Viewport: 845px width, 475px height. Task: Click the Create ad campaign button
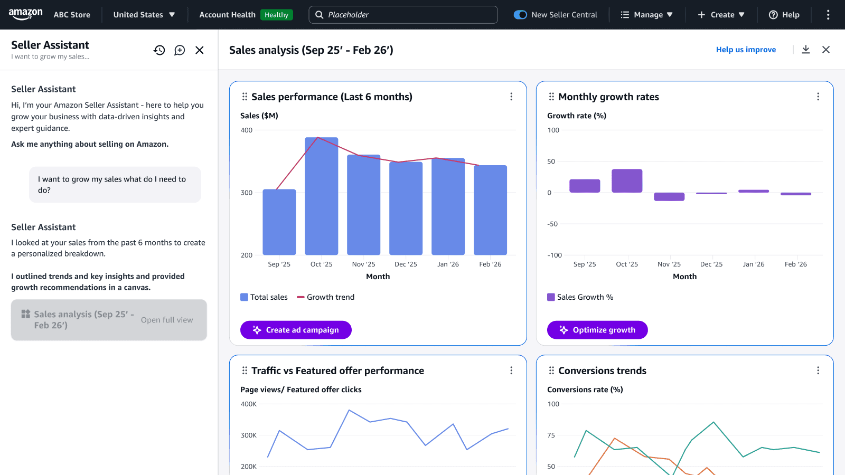pos(296,330)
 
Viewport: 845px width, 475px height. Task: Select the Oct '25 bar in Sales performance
pos(321,196)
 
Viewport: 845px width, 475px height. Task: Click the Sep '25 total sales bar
pos(279,222)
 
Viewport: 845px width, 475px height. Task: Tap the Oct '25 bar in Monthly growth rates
pos(627,181)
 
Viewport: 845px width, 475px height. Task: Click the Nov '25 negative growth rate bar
pos(669,197)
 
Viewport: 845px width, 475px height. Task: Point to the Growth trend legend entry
pos(325,297)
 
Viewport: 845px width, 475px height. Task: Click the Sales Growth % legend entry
pos(580,297)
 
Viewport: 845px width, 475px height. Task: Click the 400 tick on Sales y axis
pos(247,130)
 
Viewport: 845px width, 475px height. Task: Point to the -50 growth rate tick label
pos(552,224)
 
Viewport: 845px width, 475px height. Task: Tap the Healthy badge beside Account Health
pos(276,15)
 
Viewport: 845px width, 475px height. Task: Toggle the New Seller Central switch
pos(520,15)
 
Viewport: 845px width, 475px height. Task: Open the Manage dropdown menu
pos(647,15)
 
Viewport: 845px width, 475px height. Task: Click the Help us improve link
pos(746,50)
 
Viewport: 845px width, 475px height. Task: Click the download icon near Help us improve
pos(806,50)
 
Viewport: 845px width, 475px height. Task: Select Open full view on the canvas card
pos(167,320)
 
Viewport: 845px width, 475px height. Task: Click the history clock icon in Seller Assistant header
pos(159,50)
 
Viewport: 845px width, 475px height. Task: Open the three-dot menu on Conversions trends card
pos(818,370)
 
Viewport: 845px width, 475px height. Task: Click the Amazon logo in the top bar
pos(25,14)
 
